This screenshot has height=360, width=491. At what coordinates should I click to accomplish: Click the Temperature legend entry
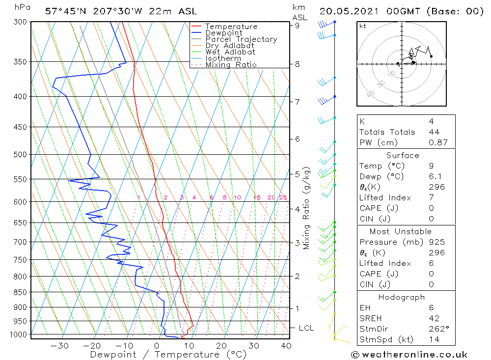(231, 27)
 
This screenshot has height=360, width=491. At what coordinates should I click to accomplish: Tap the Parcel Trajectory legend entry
(241, 39)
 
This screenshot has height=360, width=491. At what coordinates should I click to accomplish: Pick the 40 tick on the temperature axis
(286, 346)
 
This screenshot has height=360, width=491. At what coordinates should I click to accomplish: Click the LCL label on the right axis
(306, 328)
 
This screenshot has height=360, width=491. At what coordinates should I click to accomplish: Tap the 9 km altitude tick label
(298, 26)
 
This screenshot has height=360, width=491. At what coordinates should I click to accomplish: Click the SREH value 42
(434, 318)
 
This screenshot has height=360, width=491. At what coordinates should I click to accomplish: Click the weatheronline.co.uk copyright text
(409, 355)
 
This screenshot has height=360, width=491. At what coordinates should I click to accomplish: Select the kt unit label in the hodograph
(363, 26)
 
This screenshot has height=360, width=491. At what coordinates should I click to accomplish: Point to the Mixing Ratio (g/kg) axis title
(307, 208)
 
